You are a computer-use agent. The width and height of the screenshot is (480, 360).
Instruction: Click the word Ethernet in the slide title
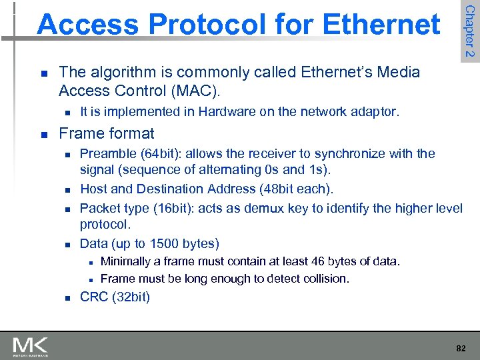[381, 25]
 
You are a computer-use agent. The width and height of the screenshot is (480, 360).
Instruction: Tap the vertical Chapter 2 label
[470, 30]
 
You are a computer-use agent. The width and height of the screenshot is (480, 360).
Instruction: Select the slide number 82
[461, 348]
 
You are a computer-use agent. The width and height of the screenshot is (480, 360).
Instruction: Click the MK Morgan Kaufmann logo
[30, 347]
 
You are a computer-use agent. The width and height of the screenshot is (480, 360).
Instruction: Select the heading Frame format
[107, 133]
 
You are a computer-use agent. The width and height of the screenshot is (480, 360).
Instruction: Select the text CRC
[94, 297]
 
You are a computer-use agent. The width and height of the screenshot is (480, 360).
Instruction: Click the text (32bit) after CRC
[131, 297]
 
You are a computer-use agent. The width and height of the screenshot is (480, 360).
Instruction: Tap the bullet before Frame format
[43, 134]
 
